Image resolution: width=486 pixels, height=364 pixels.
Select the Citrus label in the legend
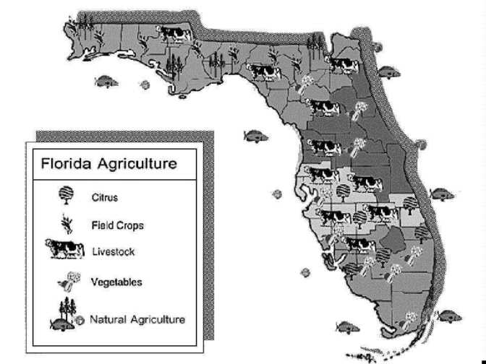[x=105, y=196]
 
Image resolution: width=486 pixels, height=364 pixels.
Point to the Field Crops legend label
[x=117, y=225]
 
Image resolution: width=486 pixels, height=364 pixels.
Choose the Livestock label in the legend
[x=114, y=252]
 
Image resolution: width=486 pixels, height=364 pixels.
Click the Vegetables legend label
[x=116, y=282]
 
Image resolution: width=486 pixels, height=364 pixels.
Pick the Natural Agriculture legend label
[x=137, y=318]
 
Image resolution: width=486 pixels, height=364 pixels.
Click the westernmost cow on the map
[x=174, y=33]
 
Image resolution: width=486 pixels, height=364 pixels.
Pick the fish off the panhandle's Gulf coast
[x=106, y=79]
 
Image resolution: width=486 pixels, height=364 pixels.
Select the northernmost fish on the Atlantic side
[x=389, y=71]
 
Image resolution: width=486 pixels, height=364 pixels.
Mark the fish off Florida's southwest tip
[x=348, y=327]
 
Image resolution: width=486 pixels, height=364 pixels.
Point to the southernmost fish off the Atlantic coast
[x=448, y=316]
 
